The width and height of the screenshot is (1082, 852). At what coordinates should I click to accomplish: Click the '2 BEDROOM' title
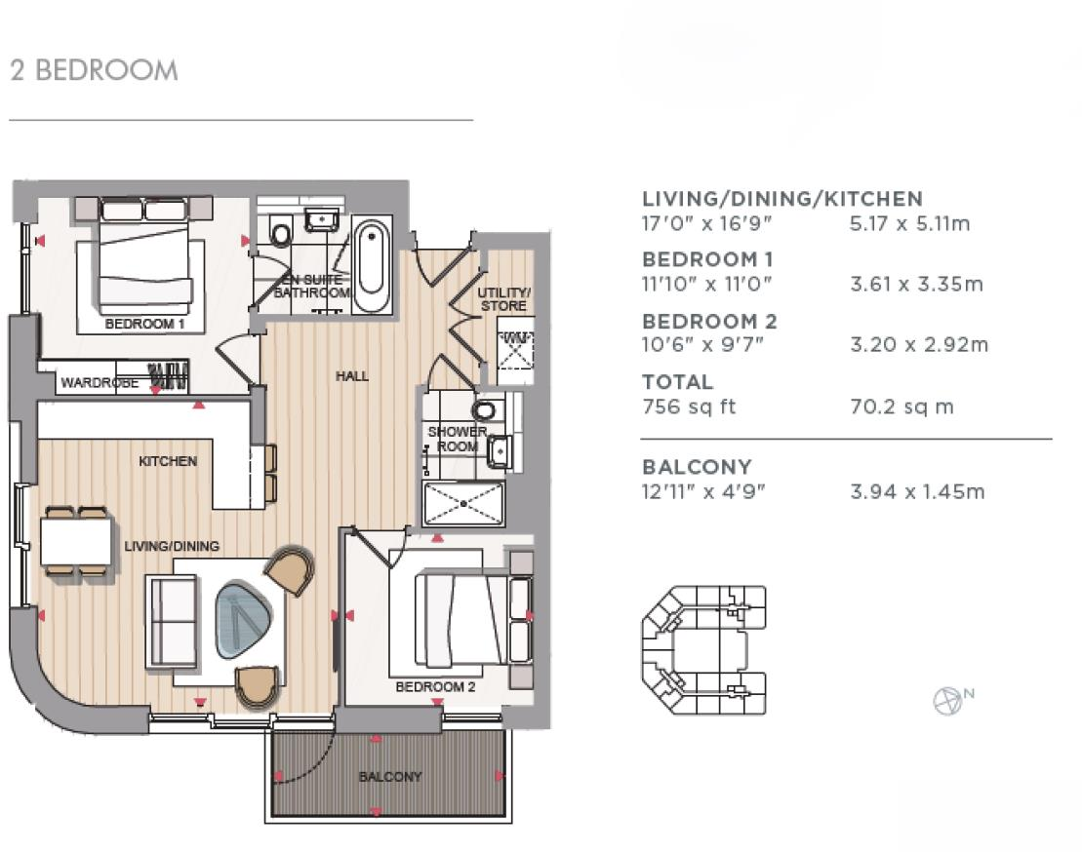click(94, 70)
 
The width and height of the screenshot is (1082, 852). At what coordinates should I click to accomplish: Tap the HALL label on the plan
click(352, 376)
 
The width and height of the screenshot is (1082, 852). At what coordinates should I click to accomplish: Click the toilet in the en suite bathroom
click(280, 232)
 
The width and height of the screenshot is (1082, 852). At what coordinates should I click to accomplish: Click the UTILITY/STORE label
click(503, 299)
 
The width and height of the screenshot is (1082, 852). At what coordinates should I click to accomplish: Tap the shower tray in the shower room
click(463, 505)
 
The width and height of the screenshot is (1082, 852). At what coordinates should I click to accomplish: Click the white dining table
click(76, 542)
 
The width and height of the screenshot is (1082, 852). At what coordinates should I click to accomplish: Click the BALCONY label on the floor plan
click(390, 777)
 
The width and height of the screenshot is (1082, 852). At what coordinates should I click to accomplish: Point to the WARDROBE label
click(100, 382)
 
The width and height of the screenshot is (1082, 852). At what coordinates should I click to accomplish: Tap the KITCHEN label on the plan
click(168, 461)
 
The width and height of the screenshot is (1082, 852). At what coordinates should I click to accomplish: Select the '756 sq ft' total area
click(689, 407)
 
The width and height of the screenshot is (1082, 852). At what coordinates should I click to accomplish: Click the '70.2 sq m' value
click(902, 407)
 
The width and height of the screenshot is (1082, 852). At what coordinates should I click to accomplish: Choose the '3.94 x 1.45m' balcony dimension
click(917, 492)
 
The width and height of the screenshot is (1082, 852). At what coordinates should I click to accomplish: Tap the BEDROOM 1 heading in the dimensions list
click(707, 260)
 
